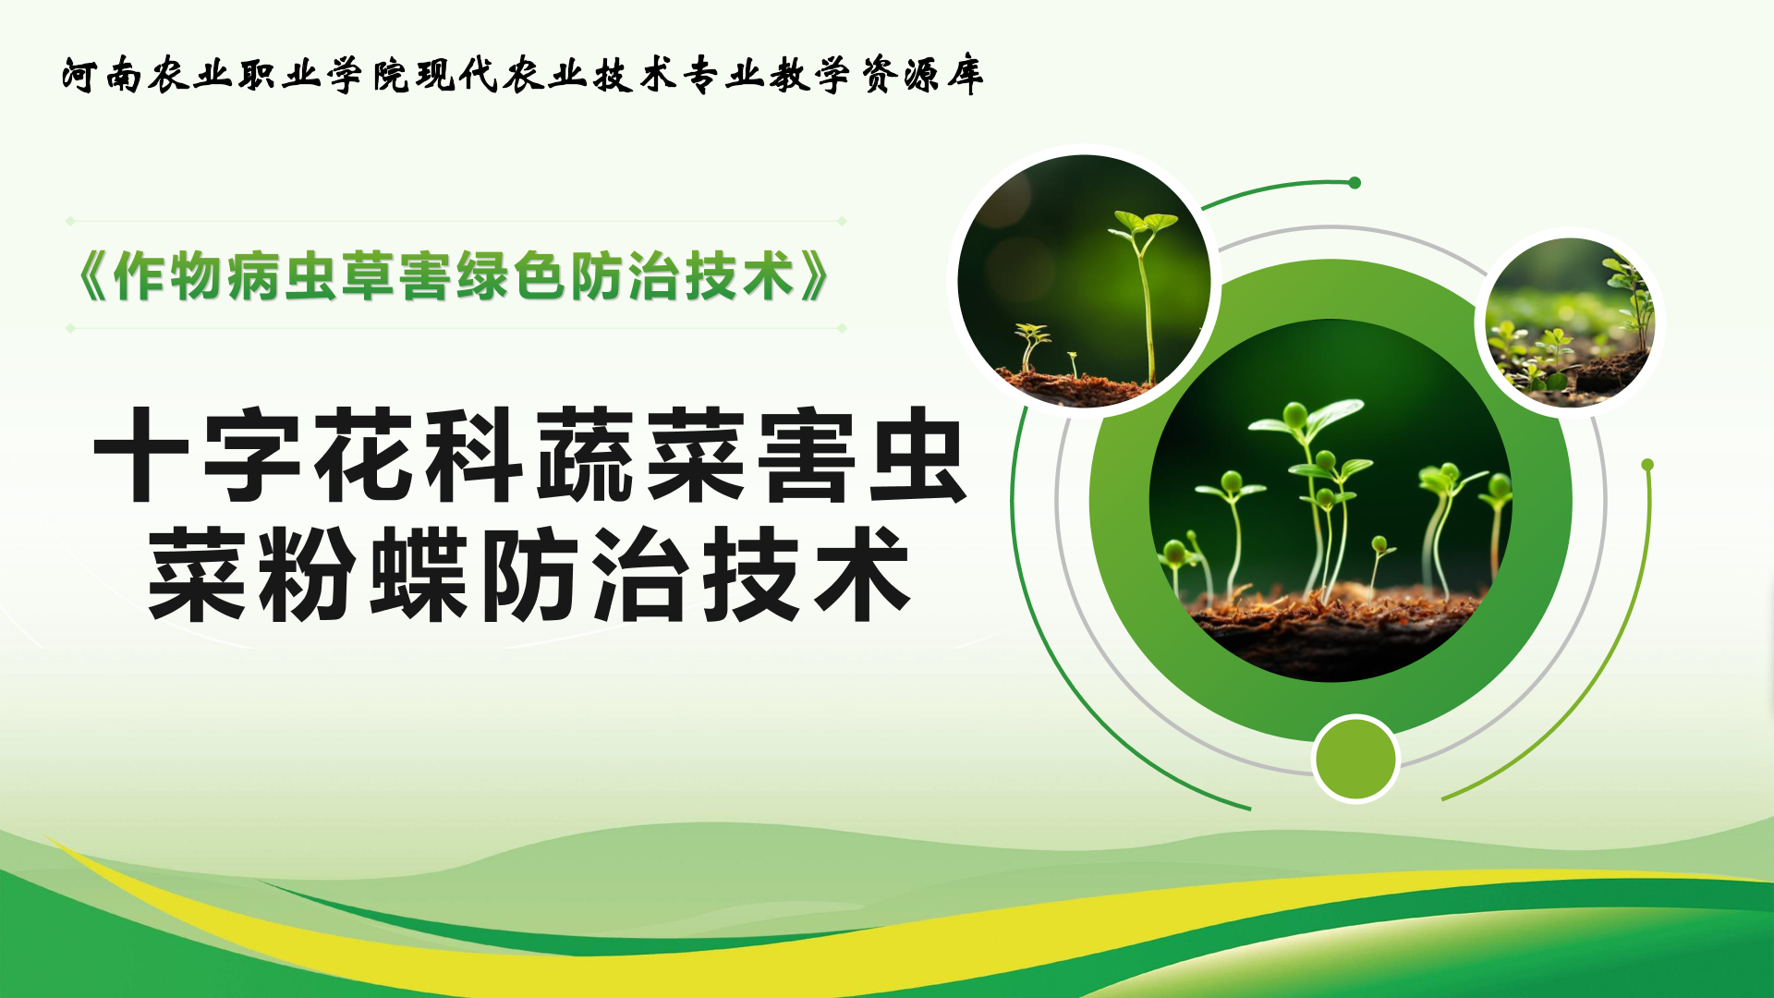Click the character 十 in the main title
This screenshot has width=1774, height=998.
(140, 456)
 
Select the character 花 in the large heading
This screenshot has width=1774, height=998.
(363, 456)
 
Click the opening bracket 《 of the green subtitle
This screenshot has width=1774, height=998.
(92, 276)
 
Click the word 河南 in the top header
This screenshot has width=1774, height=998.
(103, 75)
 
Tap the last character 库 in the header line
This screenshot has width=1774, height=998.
(965, 75)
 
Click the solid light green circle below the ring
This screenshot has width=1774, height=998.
(1355, 759)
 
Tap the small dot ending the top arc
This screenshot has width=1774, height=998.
(1355, 183)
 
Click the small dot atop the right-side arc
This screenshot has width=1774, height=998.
(1647, 465)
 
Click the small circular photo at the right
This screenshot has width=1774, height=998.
(1570, 323)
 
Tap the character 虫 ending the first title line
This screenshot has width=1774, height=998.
(918, 456)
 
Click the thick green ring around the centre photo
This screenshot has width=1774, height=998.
(1119, 500)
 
